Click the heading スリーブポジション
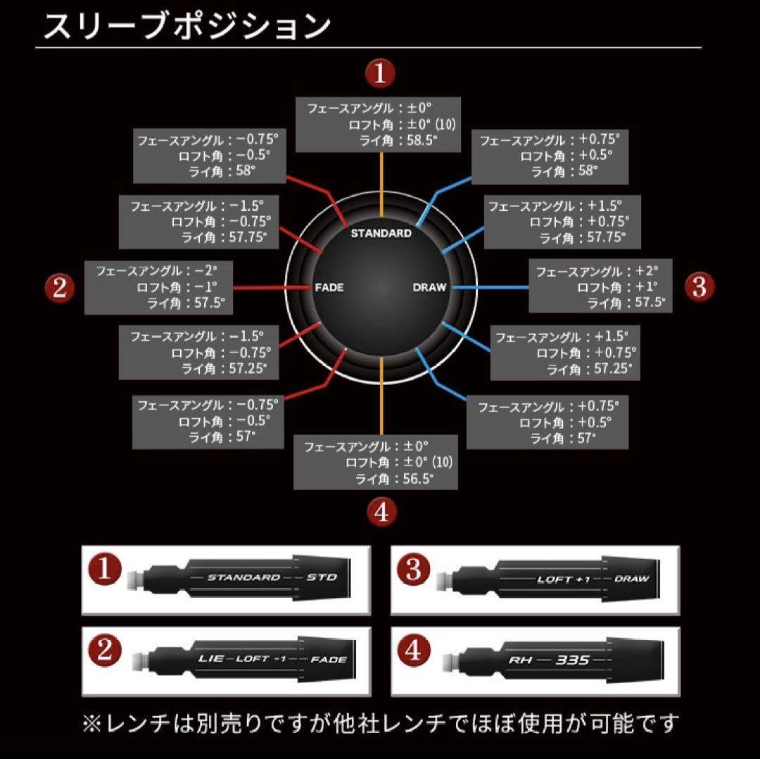coord(187,26)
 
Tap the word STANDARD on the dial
coord(381,233)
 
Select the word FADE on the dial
coord(329,287)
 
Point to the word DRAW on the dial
coord(429,287)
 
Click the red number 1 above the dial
coord(380,74)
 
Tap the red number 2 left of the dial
coord(60,288)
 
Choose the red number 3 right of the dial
coord(699,287)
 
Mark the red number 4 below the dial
coord(382,512)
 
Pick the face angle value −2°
coord(206,270)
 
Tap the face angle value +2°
coord(647,270)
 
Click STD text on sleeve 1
coord(322,577)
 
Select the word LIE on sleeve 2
coord(211,658)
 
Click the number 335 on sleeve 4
coord(572,660)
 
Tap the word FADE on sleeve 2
coord(329,660)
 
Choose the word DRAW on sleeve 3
coord(631,579)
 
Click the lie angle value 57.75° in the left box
coord(248,238)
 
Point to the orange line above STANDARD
coord(381,184)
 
